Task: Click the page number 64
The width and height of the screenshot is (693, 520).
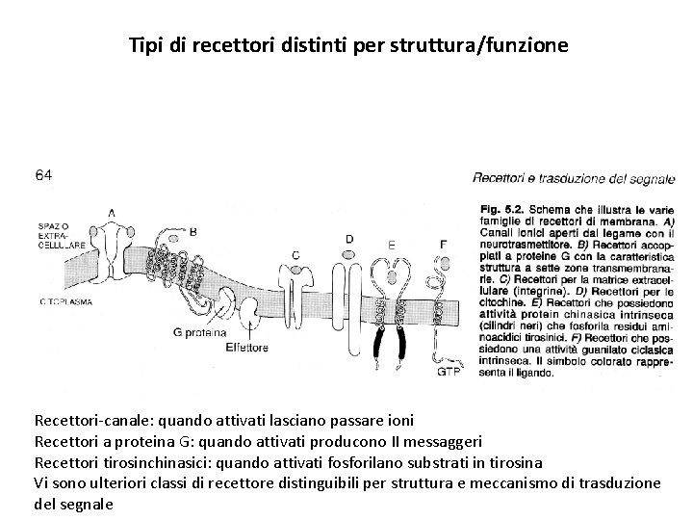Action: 44,174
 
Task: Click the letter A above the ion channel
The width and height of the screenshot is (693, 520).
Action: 112,213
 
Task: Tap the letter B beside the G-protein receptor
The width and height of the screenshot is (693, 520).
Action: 192,231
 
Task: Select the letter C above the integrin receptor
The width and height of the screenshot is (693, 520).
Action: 295,254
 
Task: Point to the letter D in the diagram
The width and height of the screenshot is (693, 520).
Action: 348,238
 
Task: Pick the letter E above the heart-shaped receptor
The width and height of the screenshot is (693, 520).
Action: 391,245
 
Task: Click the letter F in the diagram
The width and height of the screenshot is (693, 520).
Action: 443,245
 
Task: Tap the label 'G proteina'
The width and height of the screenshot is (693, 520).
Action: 198,331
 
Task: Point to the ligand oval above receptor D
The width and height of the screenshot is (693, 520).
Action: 348,254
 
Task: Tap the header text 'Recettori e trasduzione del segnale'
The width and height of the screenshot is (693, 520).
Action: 574,177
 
